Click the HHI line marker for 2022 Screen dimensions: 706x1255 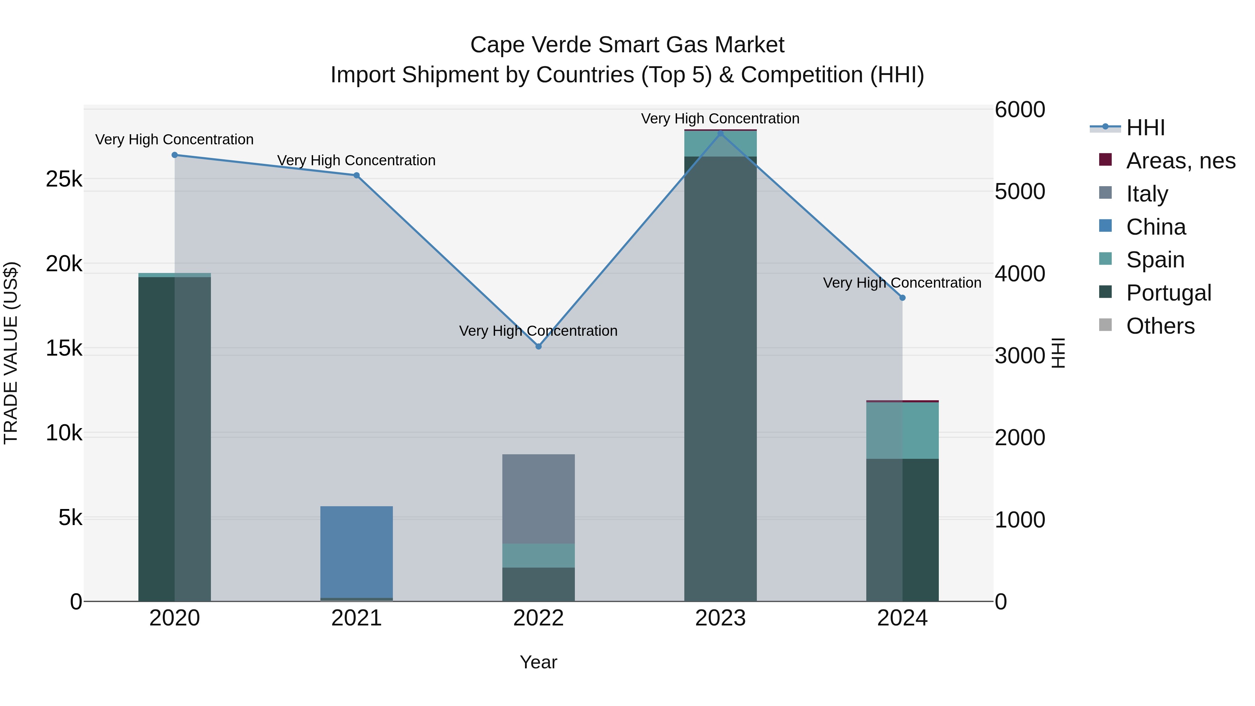coord(538,347)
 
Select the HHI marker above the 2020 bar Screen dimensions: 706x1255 coord(174,155)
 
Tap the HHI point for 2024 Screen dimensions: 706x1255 coord(902,298)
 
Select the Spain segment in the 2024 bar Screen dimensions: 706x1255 coord(902,430)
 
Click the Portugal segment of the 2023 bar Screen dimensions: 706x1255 coord(720,390)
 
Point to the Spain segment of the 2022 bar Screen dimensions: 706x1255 coord(538,555)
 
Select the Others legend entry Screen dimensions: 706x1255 coord(1159,326)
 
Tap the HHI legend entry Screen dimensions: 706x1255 coord(1145,128)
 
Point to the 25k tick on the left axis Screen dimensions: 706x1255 coord(64,179)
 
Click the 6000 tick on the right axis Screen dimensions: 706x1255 coord(1020,109)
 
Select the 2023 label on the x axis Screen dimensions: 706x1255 coord(720,618)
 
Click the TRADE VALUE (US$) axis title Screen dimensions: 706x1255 coord(11,353)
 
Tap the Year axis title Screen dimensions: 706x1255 coord(538,662)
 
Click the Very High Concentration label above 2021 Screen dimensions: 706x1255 coord(356,160)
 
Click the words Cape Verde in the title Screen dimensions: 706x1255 coord(531,45)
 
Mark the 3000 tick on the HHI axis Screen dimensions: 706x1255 coord(1020,356)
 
